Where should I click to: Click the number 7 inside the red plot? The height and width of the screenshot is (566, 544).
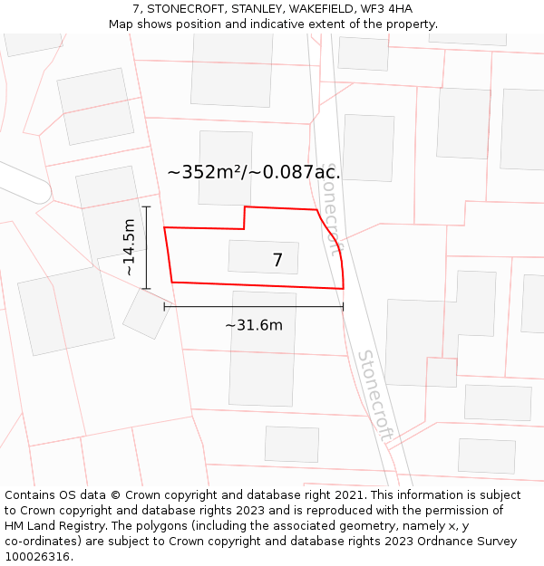277,261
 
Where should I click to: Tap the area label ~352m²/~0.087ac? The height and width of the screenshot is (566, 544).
254,172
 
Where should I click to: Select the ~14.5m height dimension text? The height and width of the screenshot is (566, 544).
130,247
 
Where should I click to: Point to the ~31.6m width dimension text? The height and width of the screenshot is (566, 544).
254,325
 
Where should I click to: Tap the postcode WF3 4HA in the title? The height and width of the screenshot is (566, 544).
391,9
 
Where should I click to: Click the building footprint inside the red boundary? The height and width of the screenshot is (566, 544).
263,257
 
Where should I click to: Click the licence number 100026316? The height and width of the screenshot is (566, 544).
37,557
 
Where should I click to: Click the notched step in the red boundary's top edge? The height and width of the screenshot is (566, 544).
245,217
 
